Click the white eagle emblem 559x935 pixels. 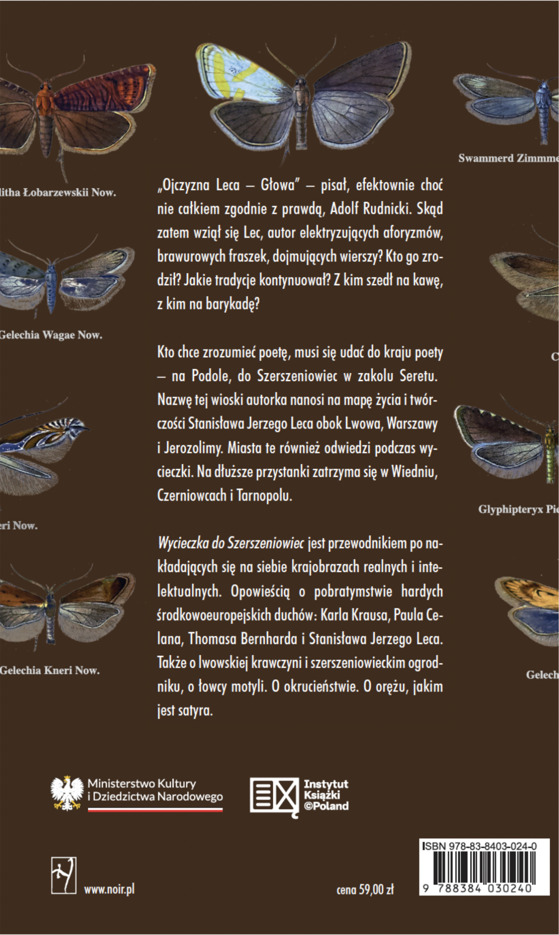[67, 793]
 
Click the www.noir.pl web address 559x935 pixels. [109, 889]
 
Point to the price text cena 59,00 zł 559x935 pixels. [365, 889]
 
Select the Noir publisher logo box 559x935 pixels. [63, 875]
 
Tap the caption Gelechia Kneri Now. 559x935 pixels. [50, 670]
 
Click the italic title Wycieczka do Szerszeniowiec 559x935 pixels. [231, 543]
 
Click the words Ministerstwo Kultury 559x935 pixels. [142, 784]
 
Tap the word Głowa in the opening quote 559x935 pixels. [278, 185]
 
